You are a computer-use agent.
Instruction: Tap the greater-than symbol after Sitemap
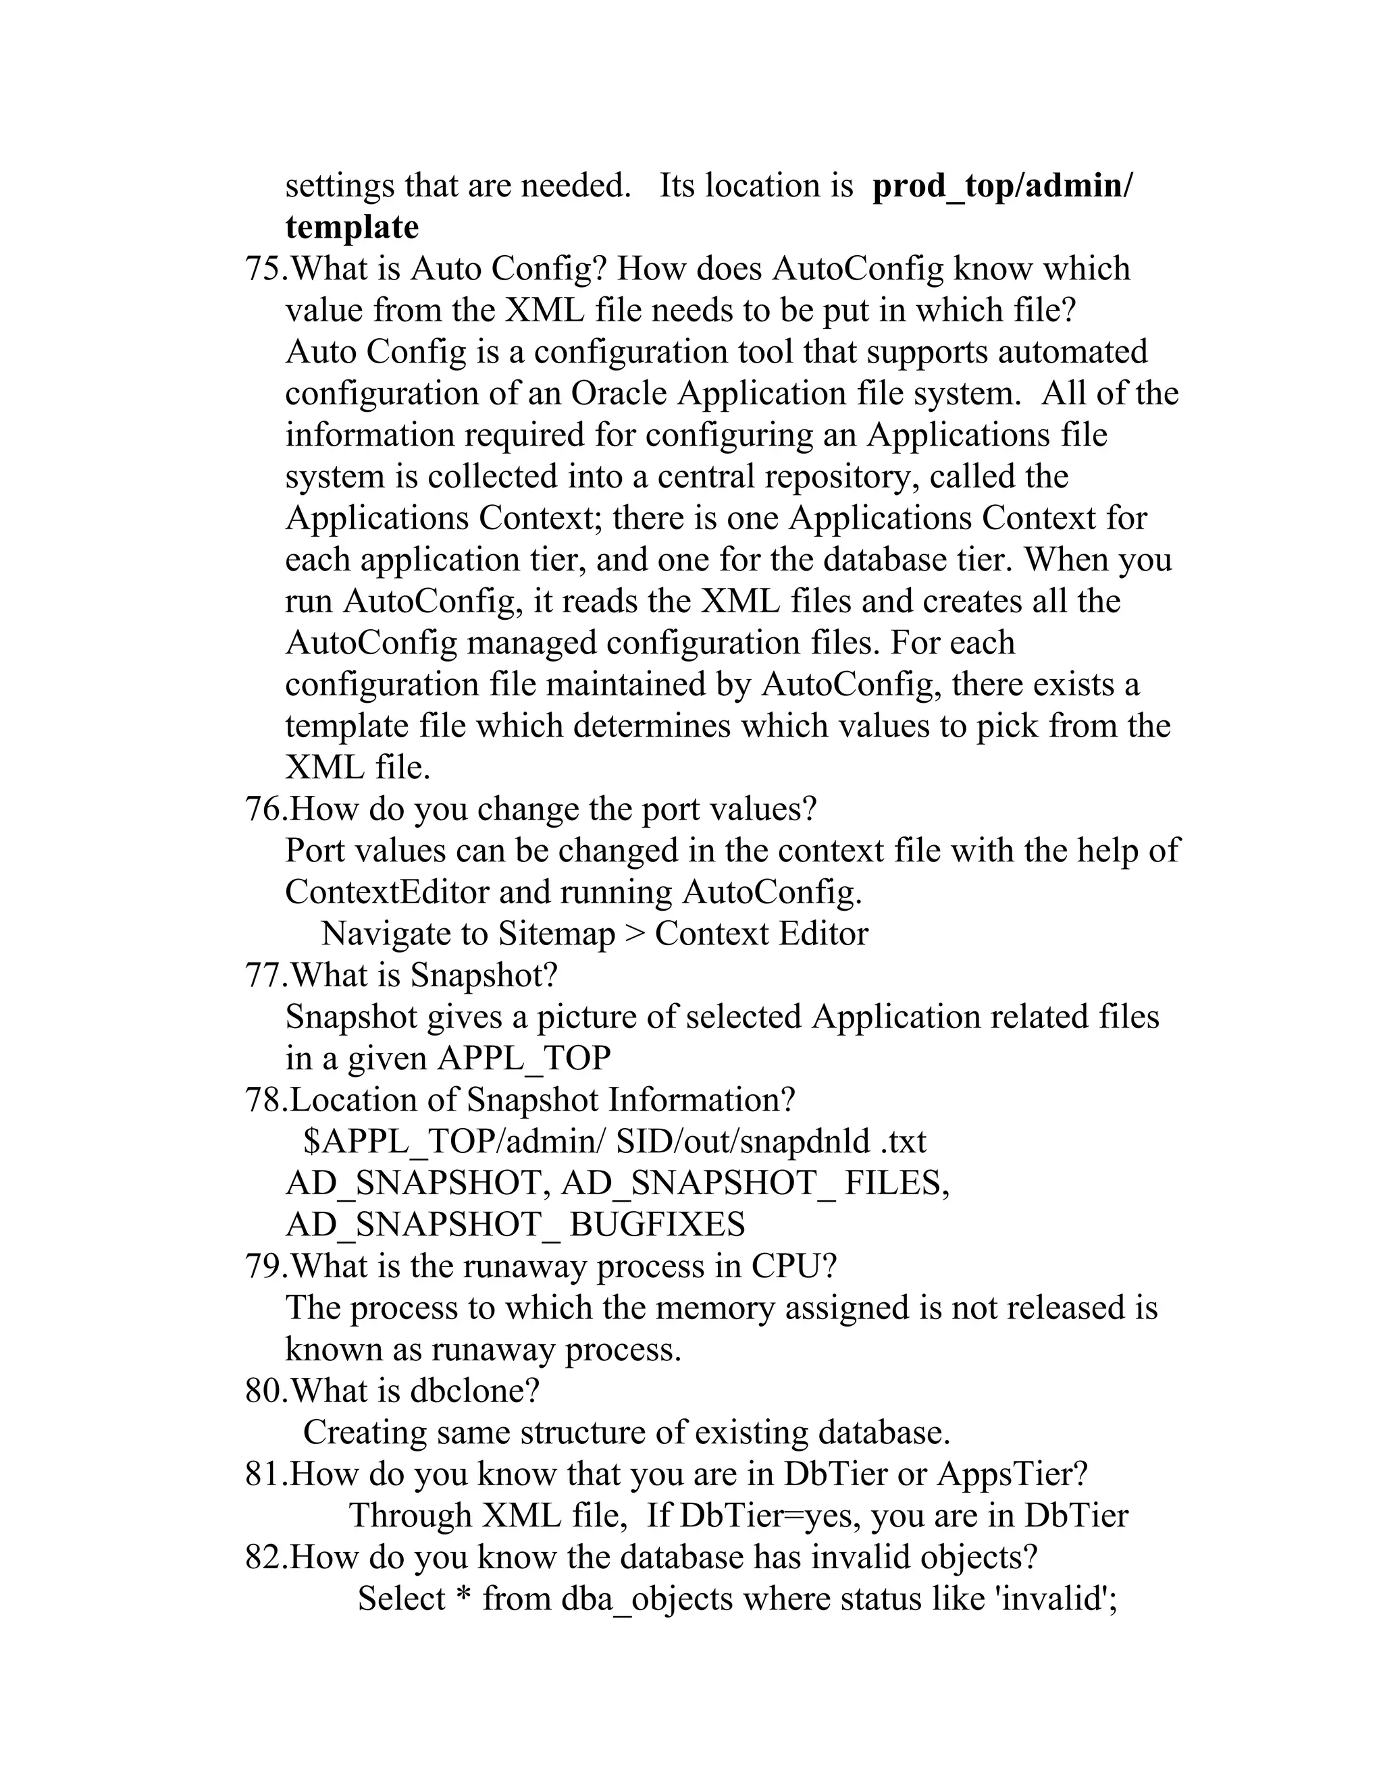[x=634, y=934]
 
